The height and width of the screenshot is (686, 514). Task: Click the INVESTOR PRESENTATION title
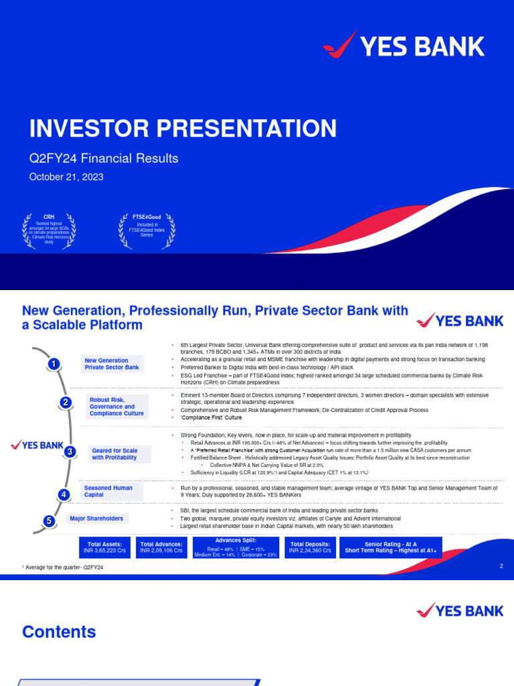click(x=182, y=129)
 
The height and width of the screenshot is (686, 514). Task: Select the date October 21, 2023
click(x=66, y=177)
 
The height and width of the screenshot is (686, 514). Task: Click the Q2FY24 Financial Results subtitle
click(x=103, y=159)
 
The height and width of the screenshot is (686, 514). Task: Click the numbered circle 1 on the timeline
click(x=54, y=364)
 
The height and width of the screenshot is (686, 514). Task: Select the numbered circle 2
click(x=66, y=403)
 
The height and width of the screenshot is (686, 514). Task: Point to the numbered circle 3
click(x=70, y=452)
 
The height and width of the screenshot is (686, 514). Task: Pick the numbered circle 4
click(x=64, y=495)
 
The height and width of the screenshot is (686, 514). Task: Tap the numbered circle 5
click(x=48, y=521)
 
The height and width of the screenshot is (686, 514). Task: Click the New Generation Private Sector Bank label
click(x=112, y=364)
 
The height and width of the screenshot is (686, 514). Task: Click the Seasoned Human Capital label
click(x=108, y=492)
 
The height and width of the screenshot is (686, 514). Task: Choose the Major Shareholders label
click(x=96, y=519)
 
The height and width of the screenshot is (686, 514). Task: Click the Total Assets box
click(x=105, y=547)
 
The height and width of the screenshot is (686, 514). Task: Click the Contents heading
click(x=59, y=632)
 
